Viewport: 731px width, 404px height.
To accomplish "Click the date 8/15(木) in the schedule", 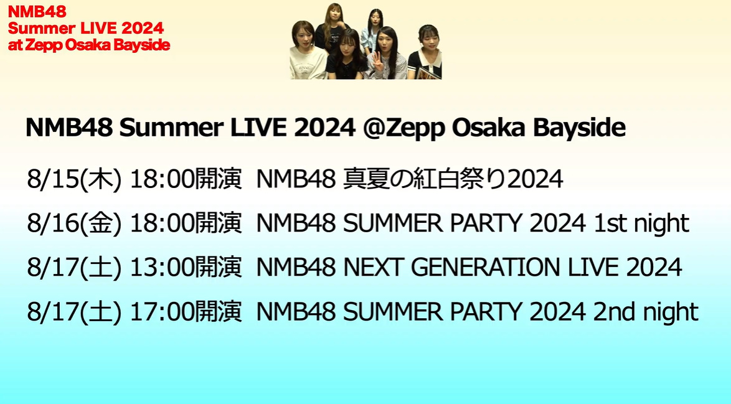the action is [74, 179].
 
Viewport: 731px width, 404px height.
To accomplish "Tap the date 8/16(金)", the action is [74, 223].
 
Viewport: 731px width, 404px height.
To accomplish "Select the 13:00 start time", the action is [158, 268].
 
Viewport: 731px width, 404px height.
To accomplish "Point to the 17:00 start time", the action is [158, 312].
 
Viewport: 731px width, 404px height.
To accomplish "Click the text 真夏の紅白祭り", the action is [424, 179].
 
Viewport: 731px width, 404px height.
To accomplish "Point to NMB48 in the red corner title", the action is [37, 11].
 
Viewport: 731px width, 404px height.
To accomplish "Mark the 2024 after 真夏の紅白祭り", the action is [535, 179].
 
